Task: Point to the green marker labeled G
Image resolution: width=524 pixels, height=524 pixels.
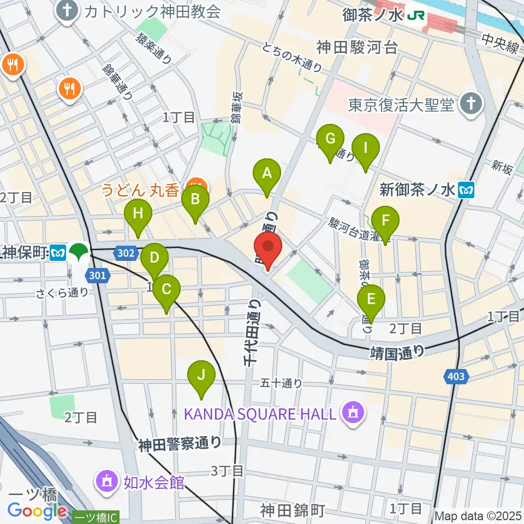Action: click(x=330, y=140)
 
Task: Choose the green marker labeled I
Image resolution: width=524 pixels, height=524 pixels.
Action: click(x=366, y=148)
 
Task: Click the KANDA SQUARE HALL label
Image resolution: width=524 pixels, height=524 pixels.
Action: click(x=259, y=413)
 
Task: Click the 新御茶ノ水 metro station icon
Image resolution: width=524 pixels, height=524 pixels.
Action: click(x=467, y=190)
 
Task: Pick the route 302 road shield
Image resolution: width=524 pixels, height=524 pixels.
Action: click(x=123, y=252)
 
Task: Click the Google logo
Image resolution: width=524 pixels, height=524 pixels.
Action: click(x=37, y=511)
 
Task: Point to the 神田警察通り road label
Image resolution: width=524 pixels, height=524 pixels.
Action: click(x=180, y=444)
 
